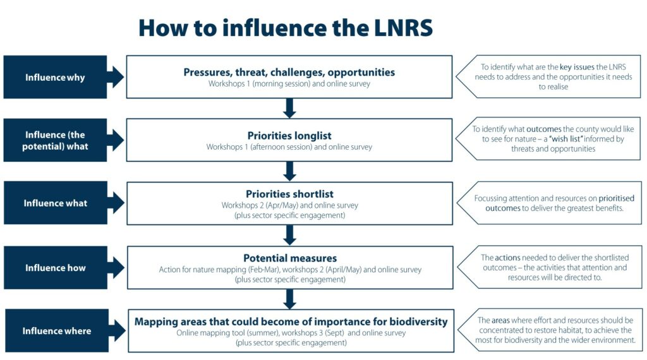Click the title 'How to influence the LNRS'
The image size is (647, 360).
pos(286,28)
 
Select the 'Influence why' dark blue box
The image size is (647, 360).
pos(55,77)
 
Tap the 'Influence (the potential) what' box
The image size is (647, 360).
pos(55,140)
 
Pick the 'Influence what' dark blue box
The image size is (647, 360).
pos(55,203)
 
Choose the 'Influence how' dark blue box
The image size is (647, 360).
pos(55,268)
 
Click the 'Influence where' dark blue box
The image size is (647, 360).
pos(56,331)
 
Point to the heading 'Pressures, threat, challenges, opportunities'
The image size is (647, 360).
pos(289,72)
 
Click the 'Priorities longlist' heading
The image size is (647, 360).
pos(289,135)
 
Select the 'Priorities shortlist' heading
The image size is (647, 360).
pos(289,194)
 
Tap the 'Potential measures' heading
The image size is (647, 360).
pos(290,258)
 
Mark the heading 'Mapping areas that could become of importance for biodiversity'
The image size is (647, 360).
pos(291,321)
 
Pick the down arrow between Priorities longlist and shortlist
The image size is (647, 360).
pos(290,171)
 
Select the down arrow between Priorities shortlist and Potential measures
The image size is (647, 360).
pos(290,235)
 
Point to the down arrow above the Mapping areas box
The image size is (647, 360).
pos(290,298)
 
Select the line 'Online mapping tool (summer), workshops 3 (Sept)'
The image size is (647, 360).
pos(265,333)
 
